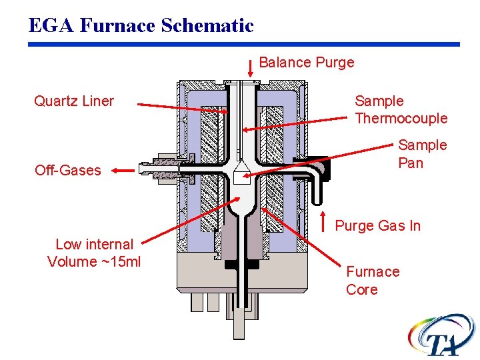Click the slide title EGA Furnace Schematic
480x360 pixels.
[x=141, y=25]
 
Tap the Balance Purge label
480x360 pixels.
[x=306, y=63]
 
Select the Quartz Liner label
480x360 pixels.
[x=74, y=101]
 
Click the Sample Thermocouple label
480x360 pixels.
[x=401, y=110]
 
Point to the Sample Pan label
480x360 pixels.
[x=422, y=154]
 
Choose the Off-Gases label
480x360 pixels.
[x=67, y=171]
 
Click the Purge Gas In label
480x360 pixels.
[x=377, y=226]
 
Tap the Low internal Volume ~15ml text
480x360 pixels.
[x=94, y=253]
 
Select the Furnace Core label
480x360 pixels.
[x=372, y=281]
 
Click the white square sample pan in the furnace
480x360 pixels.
[x=243, y=178]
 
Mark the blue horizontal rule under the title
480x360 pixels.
[x=244, y=45]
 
